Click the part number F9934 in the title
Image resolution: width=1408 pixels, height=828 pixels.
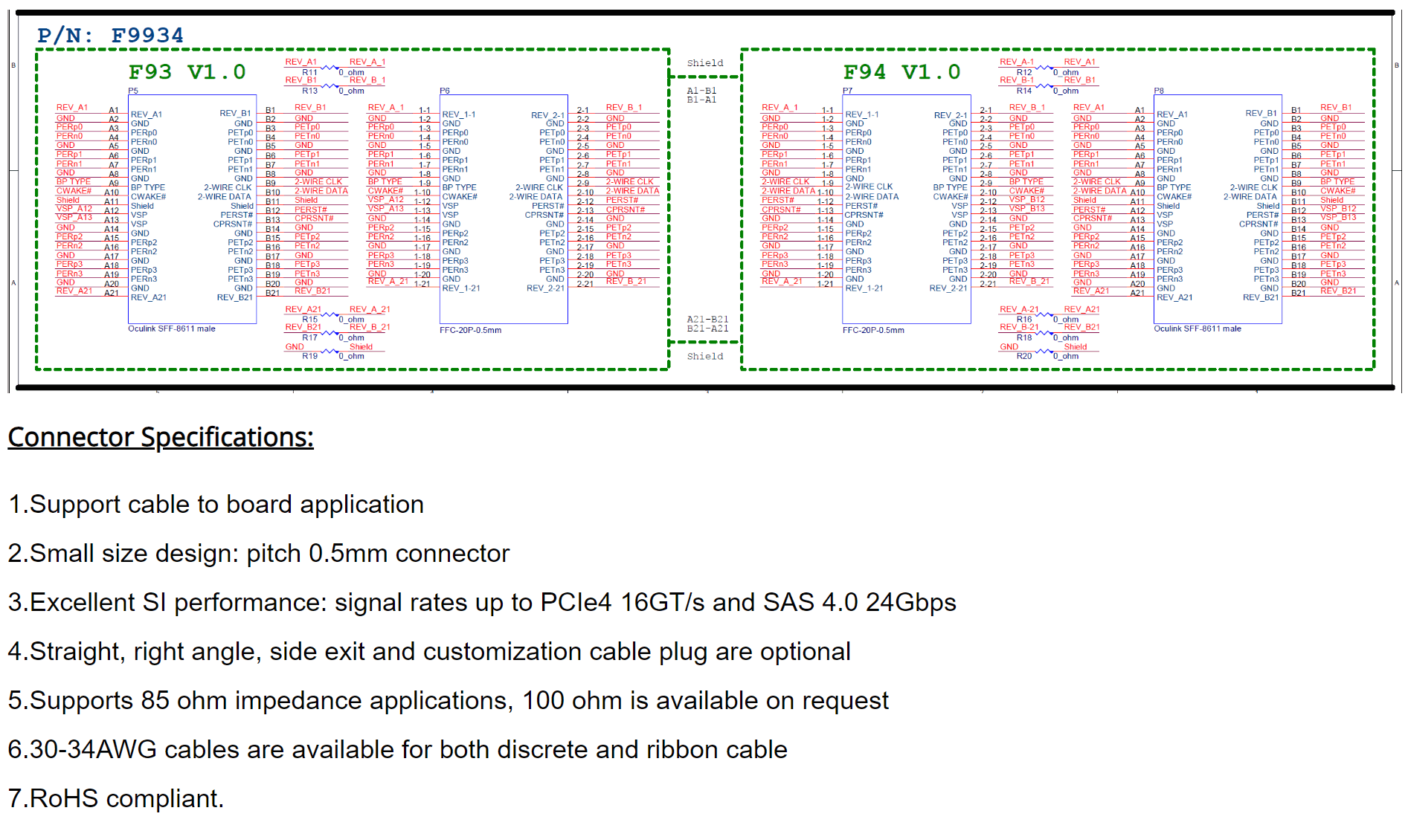pos(147,36)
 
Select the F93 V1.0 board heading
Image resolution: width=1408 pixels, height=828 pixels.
pos(187,72)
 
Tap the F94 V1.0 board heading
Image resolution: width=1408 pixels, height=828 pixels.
pos(901,72)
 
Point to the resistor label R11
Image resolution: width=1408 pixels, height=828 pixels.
pos(309,73)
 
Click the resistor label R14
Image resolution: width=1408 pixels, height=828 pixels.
pos(1024,91)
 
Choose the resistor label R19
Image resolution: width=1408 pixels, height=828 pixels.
pos(309,356)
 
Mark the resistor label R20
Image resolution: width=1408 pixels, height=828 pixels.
pos(1024,356)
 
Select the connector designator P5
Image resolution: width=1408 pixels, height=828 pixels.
pos(133,91)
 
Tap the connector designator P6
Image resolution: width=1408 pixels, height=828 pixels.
pos(445,91)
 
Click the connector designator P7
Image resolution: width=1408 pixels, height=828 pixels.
pos(848,91)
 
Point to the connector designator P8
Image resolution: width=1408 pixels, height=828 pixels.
pos(1159,91)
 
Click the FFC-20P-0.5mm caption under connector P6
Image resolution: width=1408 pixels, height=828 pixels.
pos(470,330)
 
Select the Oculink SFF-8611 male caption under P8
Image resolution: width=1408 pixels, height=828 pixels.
pos(1198,329)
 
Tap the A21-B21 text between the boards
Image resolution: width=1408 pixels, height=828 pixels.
pos(707,320)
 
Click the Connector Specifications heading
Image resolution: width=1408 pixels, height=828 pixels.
pos(161,437)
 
